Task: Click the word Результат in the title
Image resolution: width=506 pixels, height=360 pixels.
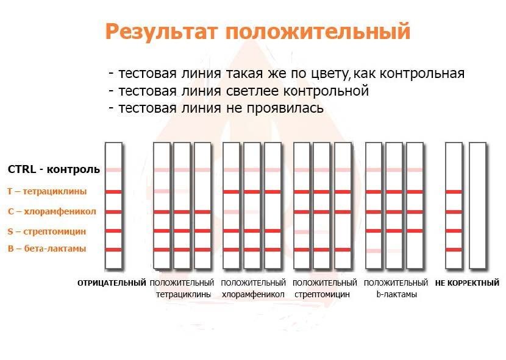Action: click(162, 32)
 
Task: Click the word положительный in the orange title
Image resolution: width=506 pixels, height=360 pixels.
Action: click(318, 31)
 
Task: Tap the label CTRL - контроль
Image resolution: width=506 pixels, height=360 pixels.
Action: click(54, 169)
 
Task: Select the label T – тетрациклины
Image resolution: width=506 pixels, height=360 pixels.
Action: click(47, 191)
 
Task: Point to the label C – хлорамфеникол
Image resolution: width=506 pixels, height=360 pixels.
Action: click(52, 211)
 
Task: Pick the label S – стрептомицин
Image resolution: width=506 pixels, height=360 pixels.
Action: click(47, 231)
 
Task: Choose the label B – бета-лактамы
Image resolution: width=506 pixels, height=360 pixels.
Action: click(47, 249)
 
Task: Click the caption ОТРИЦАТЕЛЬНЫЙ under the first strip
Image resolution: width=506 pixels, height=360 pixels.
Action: click(112, 283)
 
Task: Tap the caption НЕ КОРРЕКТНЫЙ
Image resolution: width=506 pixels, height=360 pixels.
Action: click(467, 283)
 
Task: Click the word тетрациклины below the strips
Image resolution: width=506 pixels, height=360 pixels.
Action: click(184, 294)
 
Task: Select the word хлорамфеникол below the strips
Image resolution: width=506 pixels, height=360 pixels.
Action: click(253, 294)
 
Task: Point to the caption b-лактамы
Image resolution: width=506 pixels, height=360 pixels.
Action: click(397, 294)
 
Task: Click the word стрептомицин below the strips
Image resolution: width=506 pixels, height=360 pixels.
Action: click(322, 294)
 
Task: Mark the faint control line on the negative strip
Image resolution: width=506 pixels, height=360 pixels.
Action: click(113, 170)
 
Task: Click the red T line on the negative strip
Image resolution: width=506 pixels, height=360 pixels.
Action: click(113, 192)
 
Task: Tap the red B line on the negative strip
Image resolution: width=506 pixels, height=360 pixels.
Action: click(113, 250)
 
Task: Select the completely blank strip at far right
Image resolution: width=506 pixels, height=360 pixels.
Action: click(477, 206)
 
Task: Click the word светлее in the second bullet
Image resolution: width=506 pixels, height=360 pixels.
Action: click(252, 91)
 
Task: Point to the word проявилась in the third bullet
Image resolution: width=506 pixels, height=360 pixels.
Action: click(285, 108)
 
